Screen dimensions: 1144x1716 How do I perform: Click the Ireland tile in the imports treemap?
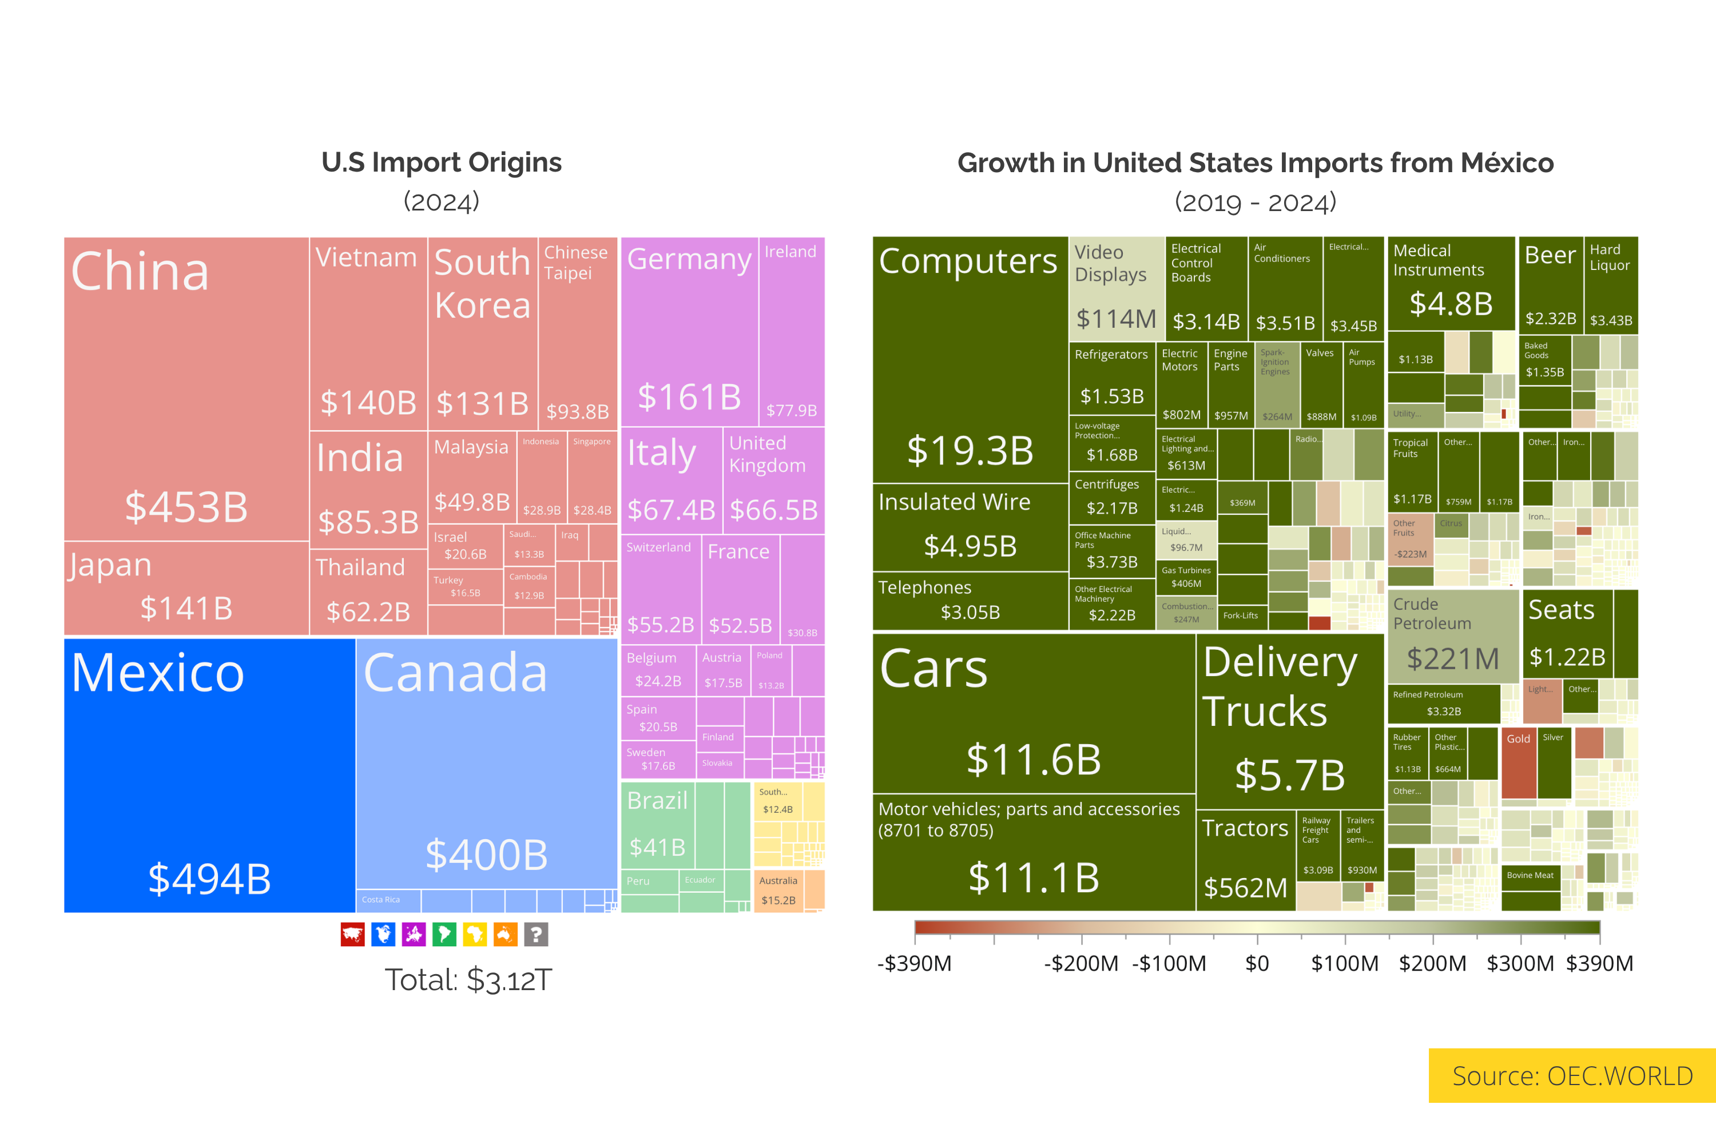792,332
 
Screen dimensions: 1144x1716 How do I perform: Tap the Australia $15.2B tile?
778,891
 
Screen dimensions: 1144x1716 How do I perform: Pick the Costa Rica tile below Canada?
388,900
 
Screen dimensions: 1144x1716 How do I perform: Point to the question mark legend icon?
537,935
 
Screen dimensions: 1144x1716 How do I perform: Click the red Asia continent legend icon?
352,935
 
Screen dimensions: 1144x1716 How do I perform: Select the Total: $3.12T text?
468,980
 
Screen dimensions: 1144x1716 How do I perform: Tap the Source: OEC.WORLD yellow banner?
1571,1075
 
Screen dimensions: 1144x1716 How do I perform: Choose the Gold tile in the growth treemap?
1518,762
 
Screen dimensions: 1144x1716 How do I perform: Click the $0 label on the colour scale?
1256,964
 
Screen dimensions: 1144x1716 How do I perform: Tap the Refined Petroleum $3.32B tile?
1443,704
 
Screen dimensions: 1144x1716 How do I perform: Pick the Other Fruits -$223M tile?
1409,540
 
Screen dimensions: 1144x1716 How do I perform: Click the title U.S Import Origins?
442,162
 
